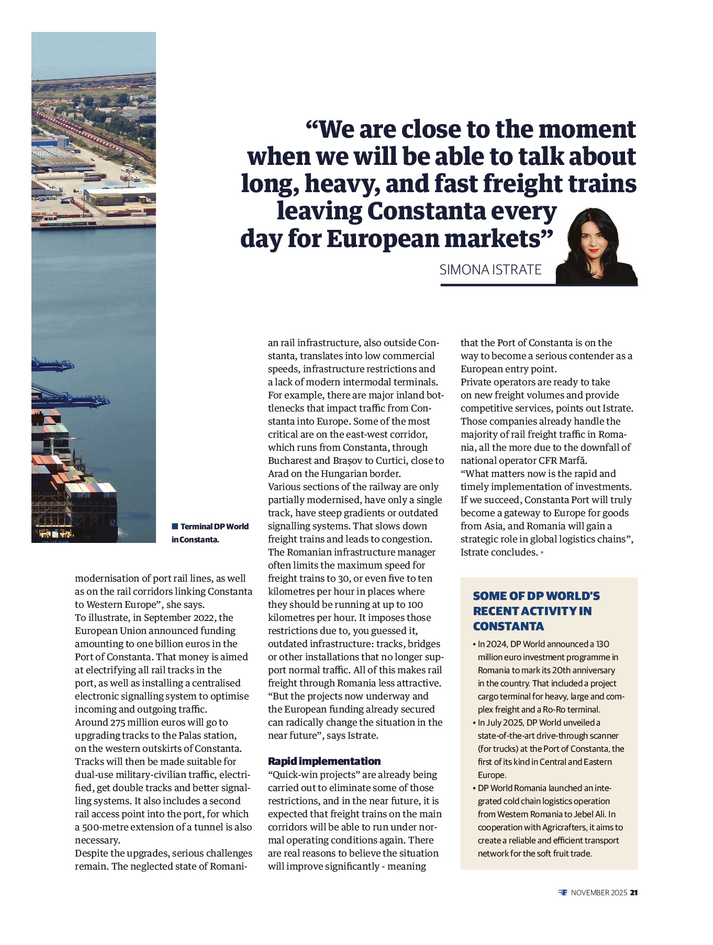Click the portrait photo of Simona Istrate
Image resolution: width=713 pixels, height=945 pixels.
click(596, 246)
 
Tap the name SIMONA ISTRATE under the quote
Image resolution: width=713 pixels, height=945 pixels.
click(490, 270)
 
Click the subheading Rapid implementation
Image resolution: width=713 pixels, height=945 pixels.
click(324, 761)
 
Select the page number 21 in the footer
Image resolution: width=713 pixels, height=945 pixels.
click(633, 893)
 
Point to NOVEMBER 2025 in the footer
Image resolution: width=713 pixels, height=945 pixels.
click(598, 893)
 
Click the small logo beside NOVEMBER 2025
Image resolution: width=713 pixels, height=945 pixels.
click(563, 893)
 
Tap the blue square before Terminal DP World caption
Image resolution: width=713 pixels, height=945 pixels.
click(175, 526)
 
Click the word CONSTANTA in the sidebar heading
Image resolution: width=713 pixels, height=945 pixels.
click(508, 626)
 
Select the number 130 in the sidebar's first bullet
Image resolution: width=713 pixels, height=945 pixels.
click(602, 644)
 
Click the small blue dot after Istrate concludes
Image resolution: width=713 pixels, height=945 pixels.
click(542, 553)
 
